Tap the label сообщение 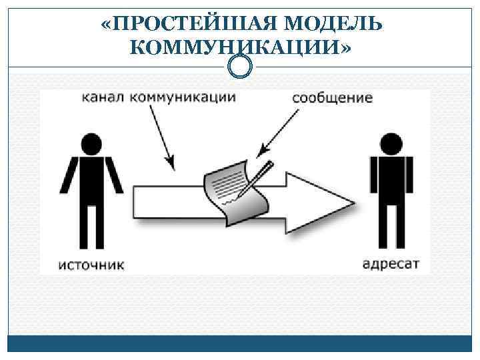(332, 98)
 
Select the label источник (92, 265)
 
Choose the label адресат (391, 262)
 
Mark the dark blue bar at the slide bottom (240, 343)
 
